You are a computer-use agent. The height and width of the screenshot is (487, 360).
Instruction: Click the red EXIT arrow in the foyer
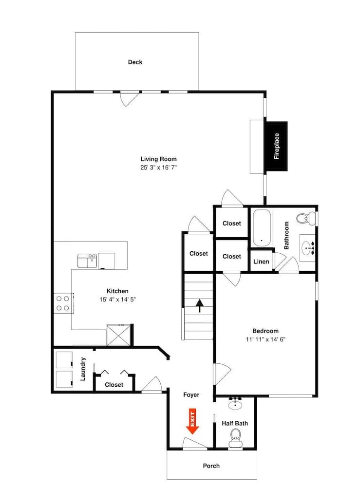(x=192, y=422)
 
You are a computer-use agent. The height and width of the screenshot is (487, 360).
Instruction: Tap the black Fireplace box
(x=276, y=146)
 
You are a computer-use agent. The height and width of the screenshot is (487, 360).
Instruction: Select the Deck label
(x=135, y=62)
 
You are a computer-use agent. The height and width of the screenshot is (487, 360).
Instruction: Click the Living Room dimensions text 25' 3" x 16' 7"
(x=158, y=167)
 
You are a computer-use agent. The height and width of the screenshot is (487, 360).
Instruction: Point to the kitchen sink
(x=87, y=261)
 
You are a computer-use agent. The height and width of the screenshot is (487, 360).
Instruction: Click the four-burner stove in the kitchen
(x=62, y=303)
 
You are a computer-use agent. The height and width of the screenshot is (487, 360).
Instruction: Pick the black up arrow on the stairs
(x=199, y=305)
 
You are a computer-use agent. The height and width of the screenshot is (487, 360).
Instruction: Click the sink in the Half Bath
(x=236, y=403)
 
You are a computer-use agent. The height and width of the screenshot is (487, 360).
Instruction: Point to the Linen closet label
(x=261, y=262)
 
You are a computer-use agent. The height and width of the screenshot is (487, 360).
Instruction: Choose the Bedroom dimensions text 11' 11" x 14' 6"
(x=265, y=339)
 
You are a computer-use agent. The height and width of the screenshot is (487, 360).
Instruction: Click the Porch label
(x=211, y=466)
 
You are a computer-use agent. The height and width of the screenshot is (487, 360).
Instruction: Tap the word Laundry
(x=83, y=369)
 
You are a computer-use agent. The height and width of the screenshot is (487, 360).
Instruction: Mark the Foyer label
(x=191, y=395)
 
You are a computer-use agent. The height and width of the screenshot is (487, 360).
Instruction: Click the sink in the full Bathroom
(x=308, y=249)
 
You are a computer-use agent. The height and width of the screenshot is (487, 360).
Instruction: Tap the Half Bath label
(x=235, y=423)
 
